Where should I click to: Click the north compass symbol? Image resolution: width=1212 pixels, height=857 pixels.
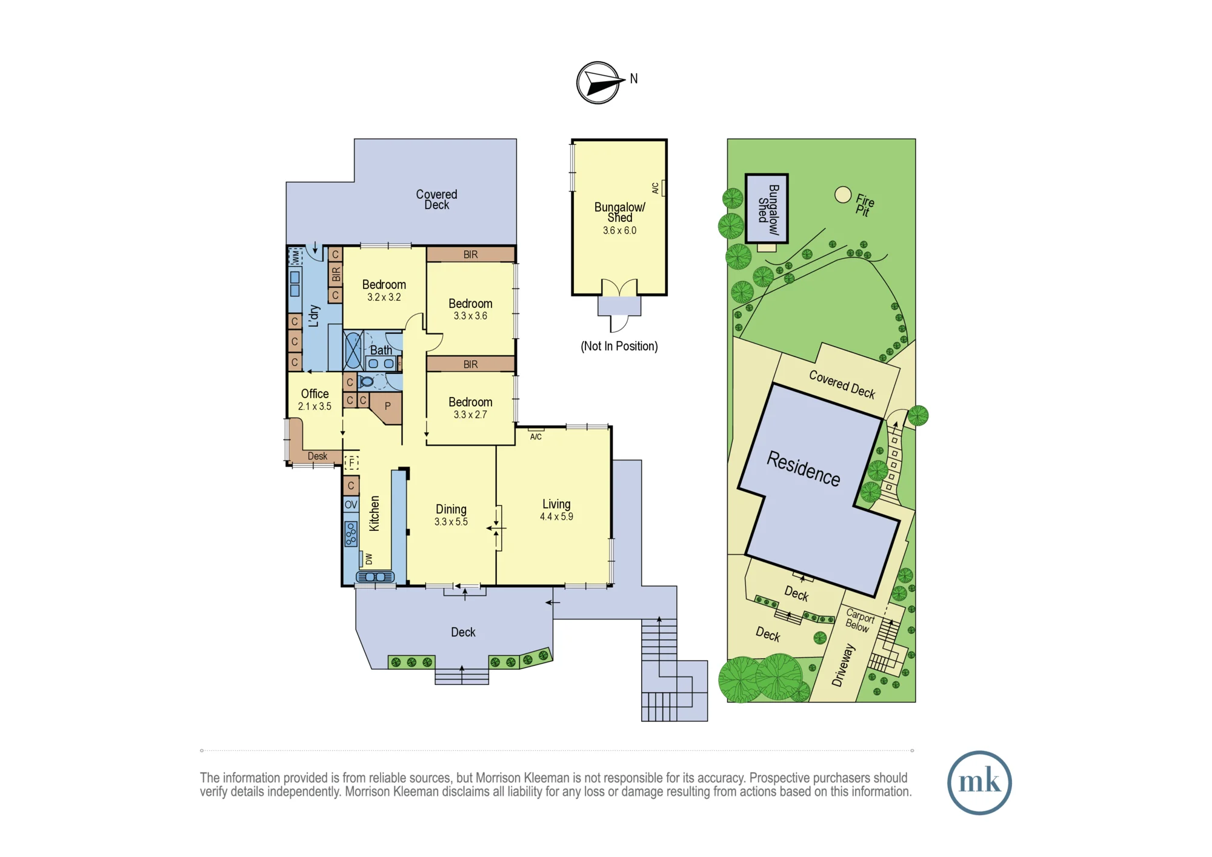point(599,83)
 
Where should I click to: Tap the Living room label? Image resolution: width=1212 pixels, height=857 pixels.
point(556,504)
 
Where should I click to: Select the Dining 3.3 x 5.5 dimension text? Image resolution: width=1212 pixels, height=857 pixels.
point(451,522)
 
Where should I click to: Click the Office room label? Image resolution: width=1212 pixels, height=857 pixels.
point(315,393)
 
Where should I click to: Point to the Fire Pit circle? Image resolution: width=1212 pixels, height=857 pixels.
point(842,195)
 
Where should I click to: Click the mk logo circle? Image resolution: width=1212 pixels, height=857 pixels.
point(979,782)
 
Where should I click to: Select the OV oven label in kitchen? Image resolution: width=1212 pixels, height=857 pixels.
point(351,504)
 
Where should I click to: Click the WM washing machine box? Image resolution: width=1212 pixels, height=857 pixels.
point(295,256)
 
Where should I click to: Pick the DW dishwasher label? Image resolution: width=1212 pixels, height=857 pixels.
point(368,559)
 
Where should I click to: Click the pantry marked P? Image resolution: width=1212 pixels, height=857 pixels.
point(388,406)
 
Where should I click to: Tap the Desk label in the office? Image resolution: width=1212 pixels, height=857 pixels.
point(317,456)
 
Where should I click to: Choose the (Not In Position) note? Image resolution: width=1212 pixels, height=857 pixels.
point(619,346)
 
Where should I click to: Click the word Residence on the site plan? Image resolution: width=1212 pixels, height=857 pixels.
point(804,469)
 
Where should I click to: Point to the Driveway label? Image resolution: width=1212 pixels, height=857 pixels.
point(843,665)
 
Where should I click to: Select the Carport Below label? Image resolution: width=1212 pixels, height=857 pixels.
point(859,621)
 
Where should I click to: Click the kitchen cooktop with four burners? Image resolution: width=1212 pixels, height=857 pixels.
point(351,534)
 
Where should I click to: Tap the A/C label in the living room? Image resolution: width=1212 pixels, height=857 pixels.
point(536,436)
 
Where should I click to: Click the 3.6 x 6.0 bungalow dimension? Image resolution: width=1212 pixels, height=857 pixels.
point(619,230)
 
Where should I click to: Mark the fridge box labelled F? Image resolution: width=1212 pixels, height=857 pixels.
point(351,463)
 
